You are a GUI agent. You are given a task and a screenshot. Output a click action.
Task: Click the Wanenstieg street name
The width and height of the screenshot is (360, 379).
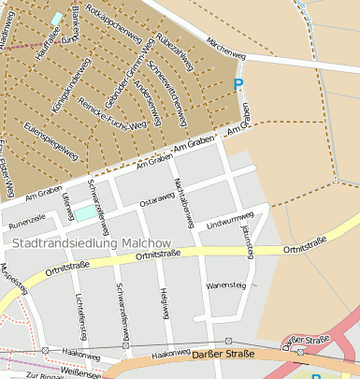(x=224, y=284)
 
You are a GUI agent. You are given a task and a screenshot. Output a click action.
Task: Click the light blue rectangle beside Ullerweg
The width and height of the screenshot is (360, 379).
(x=84, y=214)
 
